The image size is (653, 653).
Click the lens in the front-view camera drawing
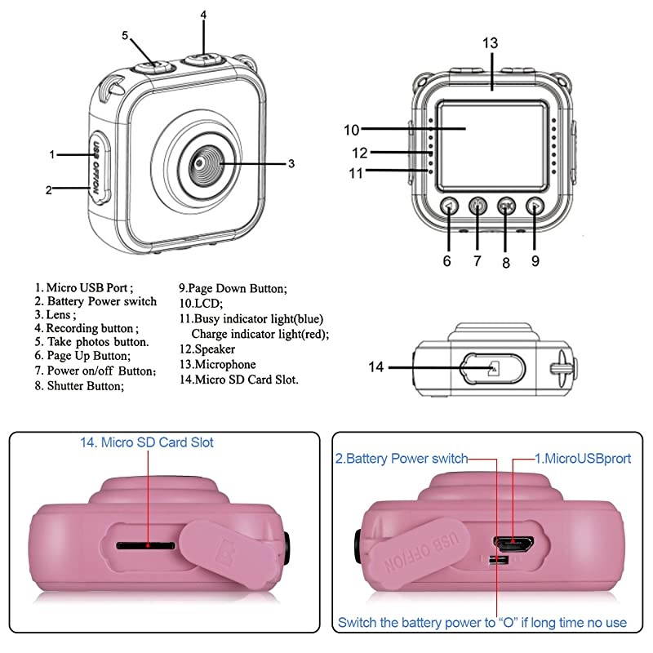[200, 163]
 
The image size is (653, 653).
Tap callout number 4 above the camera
[203, 15]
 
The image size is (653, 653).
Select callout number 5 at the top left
[125, 36]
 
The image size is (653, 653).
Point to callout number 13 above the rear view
[490, 42]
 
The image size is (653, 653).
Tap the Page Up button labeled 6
[447, 207]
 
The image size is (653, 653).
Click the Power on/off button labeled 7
[478, 207]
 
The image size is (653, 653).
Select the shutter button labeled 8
[506, 207]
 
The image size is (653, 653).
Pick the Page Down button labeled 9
[535, 207]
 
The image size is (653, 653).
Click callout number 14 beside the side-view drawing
[375, 368]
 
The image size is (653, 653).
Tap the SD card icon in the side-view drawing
[491, 369]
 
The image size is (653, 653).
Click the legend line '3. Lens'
[56, 314]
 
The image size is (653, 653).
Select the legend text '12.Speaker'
[207, 349]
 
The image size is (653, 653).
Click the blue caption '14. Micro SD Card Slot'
[147, 442]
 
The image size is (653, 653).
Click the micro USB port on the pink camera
[512, 541]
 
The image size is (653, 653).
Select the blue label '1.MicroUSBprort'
[582, 459]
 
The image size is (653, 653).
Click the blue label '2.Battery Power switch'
[401, 459]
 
